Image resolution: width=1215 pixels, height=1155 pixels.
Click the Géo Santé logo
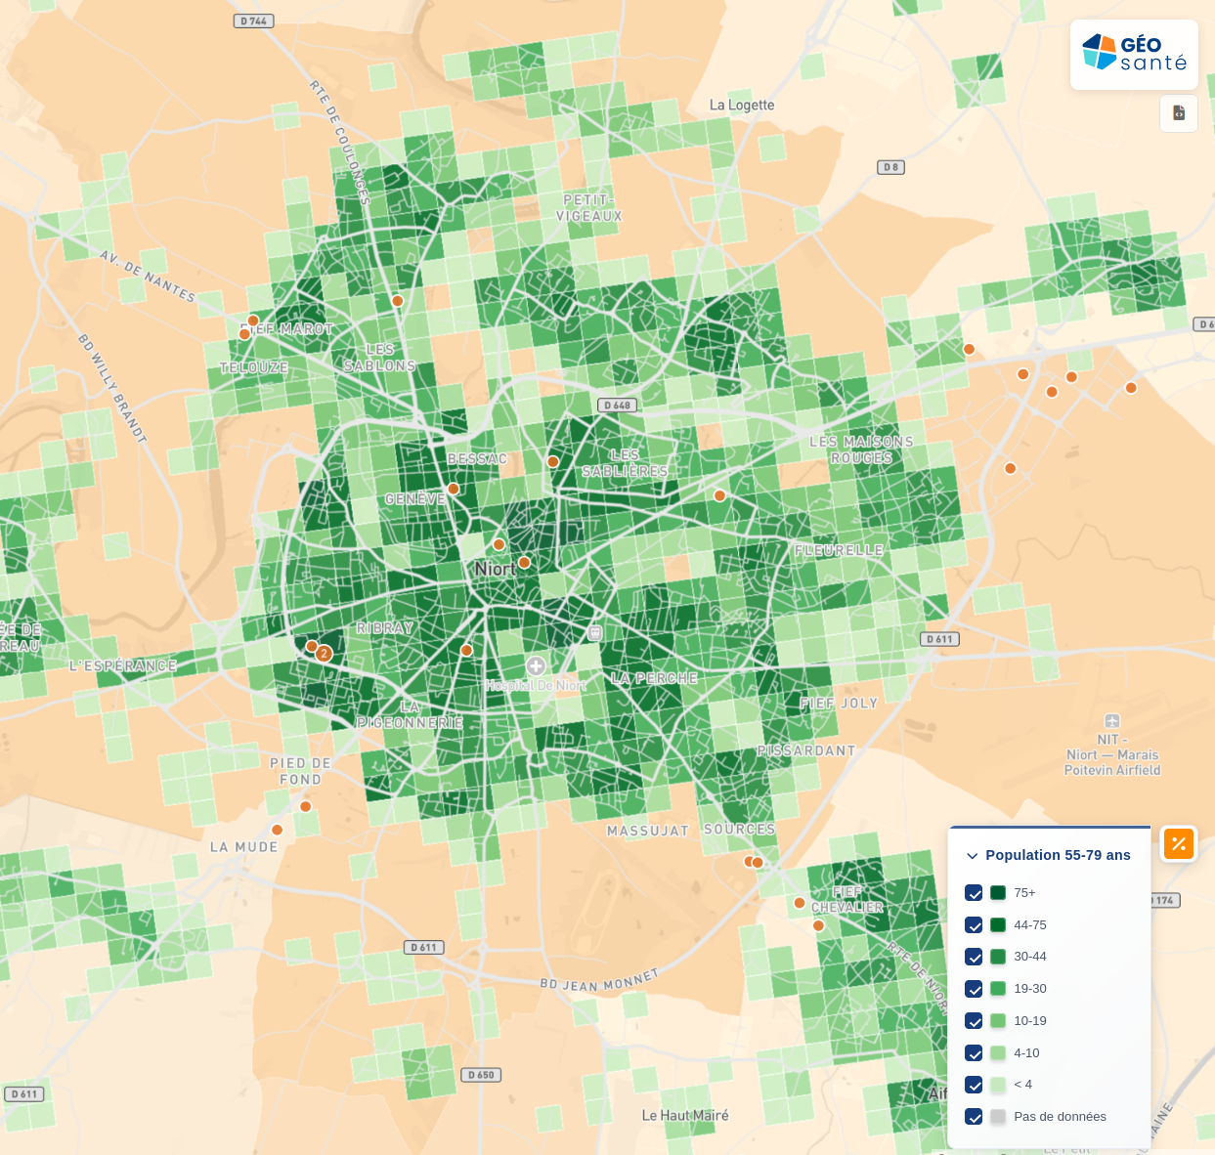click(x=1134, y=54)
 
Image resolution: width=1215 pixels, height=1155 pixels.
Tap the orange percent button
click(x=1179, y=843)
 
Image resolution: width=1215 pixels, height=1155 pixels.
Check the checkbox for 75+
click(x=974, y=892)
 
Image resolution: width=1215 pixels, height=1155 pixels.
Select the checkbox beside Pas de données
click(x=974, y=1116)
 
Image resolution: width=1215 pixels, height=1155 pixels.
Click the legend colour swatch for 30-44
click(x=998, y=957)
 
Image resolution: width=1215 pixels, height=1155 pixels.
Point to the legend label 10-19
click(x=1030, y=1020)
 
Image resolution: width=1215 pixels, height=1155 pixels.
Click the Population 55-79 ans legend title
click(x=1058, y=855)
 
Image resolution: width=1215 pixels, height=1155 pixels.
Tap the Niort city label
click(x=495, y=569)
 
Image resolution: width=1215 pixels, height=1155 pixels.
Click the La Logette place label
click(x=742, y=105)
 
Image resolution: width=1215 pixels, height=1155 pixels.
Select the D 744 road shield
click(x=253, y=21)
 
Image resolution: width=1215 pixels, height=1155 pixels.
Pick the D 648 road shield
click(x=618, y=405)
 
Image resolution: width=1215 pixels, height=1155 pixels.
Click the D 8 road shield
click(x=890, y=167)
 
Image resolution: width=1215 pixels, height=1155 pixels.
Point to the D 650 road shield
click(x=482, y=1075)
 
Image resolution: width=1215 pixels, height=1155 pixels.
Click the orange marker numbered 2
click(x=325, y=654)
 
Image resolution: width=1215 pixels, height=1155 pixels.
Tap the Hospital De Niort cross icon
click(x=536, y=666)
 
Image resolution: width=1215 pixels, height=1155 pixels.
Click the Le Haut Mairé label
click(x=685, y=1115)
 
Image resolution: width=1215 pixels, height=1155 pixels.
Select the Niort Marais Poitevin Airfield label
click(x=1112, y=755)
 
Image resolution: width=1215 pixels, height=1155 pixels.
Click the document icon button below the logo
click(x=1179, y=113)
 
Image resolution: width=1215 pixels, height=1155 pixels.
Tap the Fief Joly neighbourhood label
click(x=839, y=703)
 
